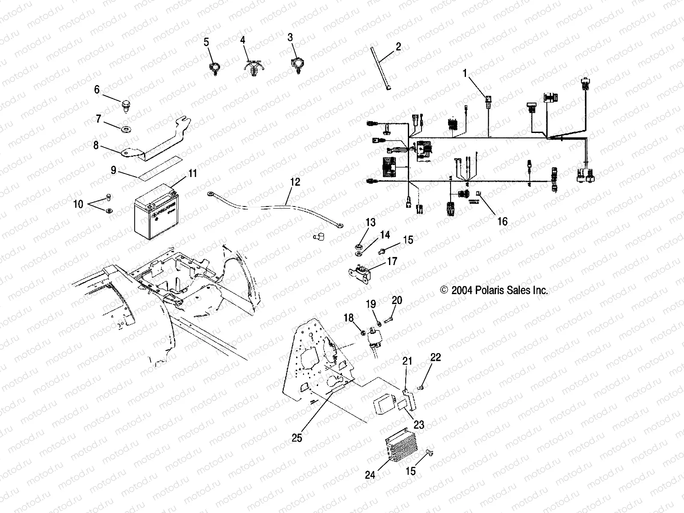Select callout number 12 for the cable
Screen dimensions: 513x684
(x=295, y=182)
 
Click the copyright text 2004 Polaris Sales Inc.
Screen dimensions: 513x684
(x=494, y=290)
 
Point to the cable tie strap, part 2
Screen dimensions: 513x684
(x=380, y=68)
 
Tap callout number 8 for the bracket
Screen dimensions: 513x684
(x=96, y=145)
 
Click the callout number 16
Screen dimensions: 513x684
(x=503, y=221)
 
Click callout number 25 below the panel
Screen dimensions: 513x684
(x=297, y=438)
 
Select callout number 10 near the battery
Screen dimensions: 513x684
(x=78, y=203)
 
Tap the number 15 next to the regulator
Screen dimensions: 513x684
(x=410, y=471)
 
